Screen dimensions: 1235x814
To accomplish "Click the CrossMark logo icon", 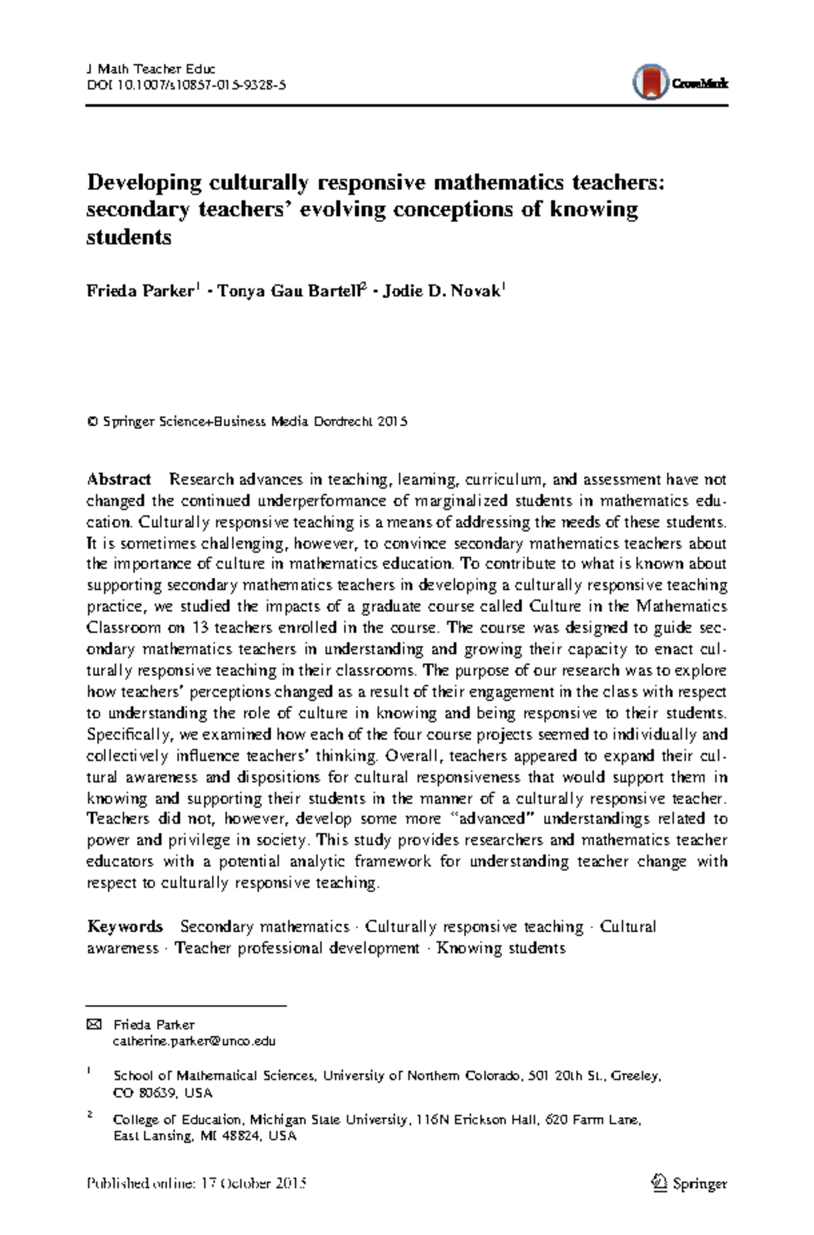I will point(651,83).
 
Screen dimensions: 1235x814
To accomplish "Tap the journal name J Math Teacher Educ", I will point(151,69).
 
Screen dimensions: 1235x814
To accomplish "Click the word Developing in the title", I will point(144,183).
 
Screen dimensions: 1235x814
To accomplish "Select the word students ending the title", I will point(129,237).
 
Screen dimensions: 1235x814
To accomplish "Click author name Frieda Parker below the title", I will point(140,291).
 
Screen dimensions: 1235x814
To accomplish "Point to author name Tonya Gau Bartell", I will point(288,291).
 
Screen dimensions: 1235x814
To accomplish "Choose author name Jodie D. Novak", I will point(442,291).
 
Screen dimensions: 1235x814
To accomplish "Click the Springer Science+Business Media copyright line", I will point(248,421).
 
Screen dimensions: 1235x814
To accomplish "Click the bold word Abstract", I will point(119,480).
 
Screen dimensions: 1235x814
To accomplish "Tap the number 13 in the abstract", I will point(200,628).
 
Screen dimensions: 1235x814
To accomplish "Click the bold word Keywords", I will point(125,927).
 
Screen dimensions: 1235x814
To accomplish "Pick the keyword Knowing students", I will point(501,948).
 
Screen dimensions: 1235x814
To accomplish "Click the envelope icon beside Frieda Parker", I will point(94,1025).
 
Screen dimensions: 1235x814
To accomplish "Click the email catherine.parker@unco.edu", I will point(194,1042).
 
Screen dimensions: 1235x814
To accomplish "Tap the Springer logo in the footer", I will point(689,1183).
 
